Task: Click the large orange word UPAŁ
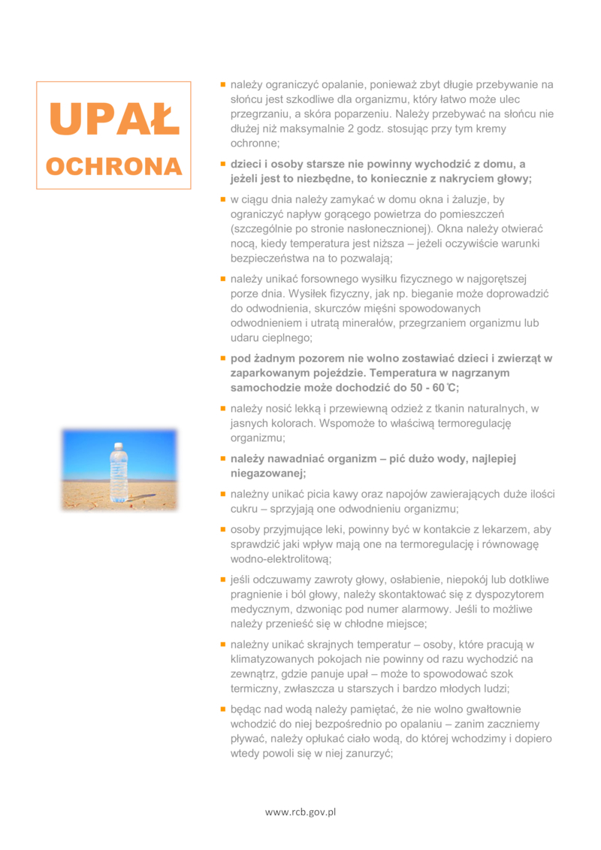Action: click(x=113, y=119)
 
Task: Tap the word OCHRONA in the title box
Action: click(x=113, y=166)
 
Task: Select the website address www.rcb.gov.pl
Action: click(x=300, y=812)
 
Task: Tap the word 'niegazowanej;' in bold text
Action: click(x=268, y=473)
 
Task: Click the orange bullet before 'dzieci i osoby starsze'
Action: click(x=222, y=163)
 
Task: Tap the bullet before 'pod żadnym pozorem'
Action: click(x=222, y=358)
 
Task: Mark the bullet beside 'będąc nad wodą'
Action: click(x=222, y=709)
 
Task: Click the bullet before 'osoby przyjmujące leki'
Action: click(x=222, y=529)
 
